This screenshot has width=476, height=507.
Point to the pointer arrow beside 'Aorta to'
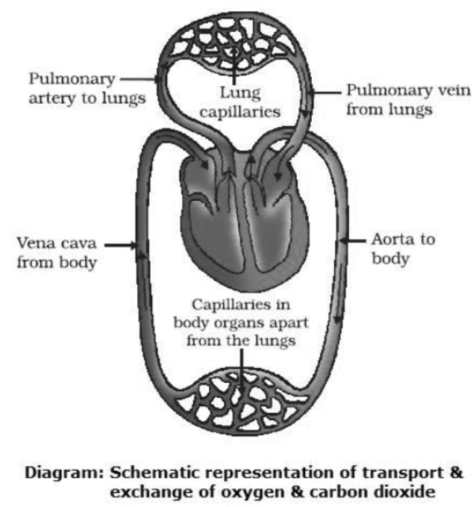click(354, 241)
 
